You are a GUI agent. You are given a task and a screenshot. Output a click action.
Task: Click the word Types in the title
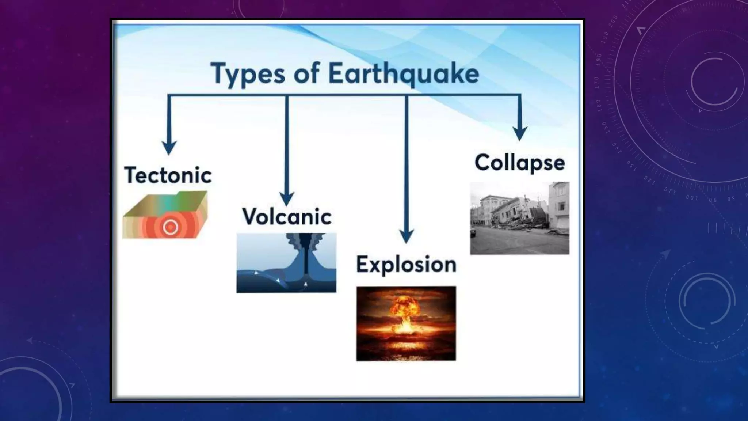(x=248, y=74)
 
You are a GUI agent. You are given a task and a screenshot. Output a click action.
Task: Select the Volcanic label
(x=287, y=216)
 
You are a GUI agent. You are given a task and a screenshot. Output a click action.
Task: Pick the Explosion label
(x=406, y=264)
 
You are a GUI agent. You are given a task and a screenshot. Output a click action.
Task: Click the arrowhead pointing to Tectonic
(x=169, y=148)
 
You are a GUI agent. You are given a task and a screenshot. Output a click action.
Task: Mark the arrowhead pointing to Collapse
(x=519, y=133)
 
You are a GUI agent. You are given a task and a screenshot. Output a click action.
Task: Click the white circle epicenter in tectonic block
(x=170, y=227)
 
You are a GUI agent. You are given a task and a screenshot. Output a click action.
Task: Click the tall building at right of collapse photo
(x=559, y=208)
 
